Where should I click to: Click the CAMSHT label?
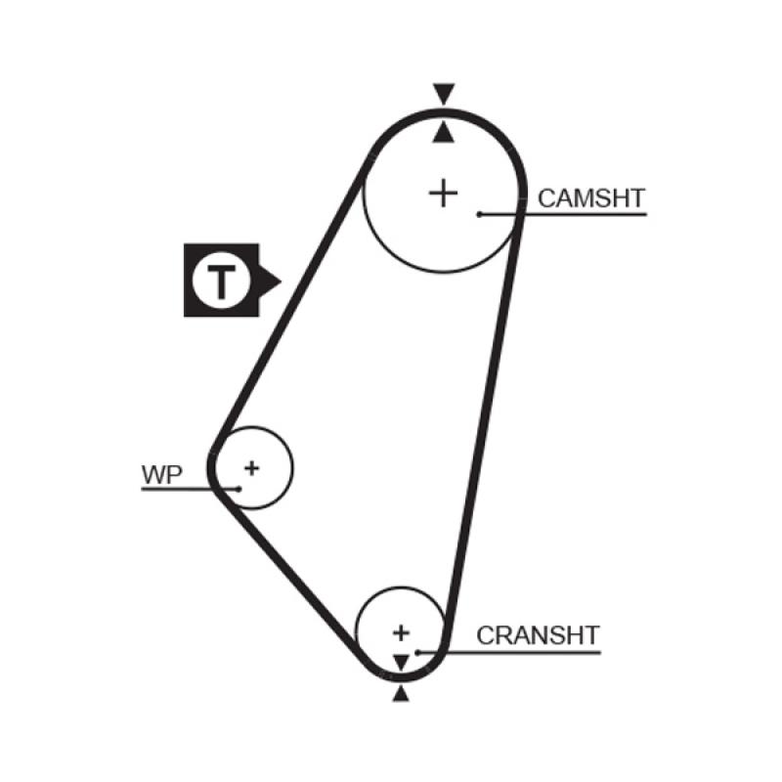[591, 198]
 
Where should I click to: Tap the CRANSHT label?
[537, 635]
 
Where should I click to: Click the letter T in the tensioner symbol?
[222, 281]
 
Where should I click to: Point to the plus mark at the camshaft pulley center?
[444, 193]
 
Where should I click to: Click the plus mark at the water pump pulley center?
[252, 467]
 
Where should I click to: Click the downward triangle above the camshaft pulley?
[445, 95]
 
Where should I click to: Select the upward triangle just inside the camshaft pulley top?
[445, 132]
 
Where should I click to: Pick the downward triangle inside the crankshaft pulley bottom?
[401, 662]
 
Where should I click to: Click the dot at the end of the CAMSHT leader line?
[480, 213]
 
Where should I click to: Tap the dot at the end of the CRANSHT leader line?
[417, 651]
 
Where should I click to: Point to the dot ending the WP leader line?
[238, 488]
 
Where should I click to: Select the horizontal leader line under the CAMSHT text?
[586, 213]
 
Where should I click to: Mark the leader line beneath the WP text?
[176, 488]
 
